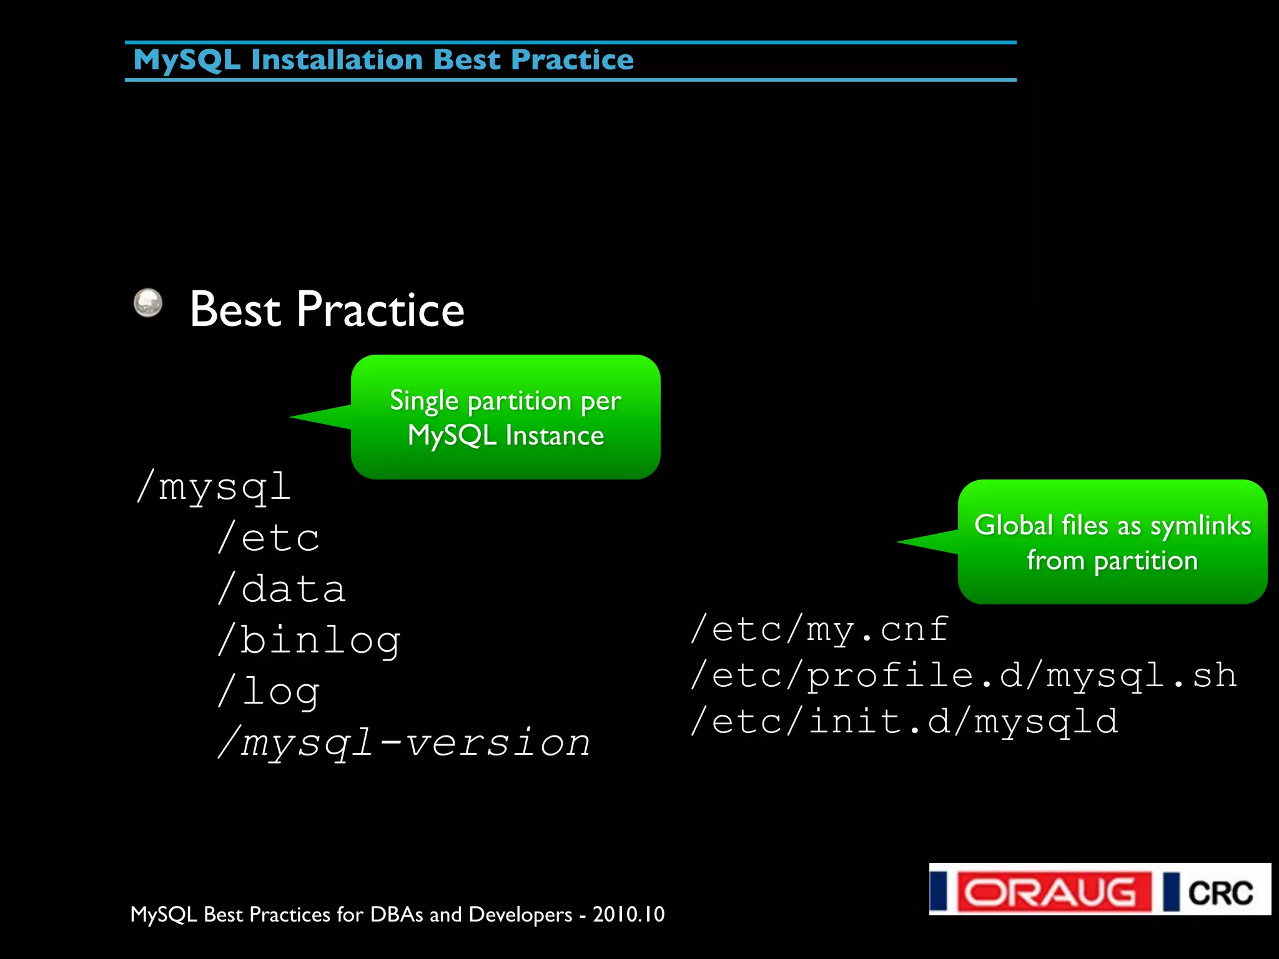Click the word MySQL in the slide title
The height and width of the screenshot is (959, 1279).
pyautogui.click(x=186, y=61)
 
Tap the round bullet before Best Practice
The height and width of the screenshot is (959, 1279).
pyautogui.click(x=148, y=303)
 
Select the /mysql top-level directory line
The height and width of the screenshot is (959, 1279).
pyautogui.click(x=214, y=487)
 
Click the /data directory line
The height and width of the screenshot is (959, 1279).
pyautogui.click(x=282, y=589)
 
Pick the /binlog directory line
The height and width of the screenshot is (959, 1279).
pyautogui.click(x=309, y=641)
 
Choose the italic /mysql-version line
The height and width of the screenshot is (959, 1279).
pyautogui.click(x=404, y=743)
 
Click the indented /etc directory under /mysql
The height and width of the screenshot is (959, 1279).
pyautogui.click(x=269, y=538)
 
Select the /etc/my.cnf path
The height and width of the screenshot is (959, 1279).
pyautogui.click(x=819, y=629)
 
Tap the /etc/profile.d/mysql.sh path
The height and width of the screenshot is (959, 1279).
pyautogui.click(x=963, y=676)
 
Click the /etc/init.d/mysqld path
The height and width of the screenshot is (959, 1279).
pyautogui.click(x=904, y=722)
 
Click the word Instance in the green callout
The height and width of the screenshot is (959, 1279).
pyautogui.click(x=555, y=435)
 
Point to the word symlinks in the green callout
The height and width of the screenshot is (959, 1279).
pyautogui.click(x=1200, y=525)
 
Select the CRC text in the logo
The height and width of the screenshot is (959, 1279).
pyautogui.click(x=1220, y=893)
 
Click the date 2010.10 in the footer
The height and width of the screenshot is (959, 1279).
pyautogui.click(x=628, y=915)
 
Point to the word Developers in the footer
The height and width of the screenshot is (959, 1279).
pyautogui.click(x=520, y=915)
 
